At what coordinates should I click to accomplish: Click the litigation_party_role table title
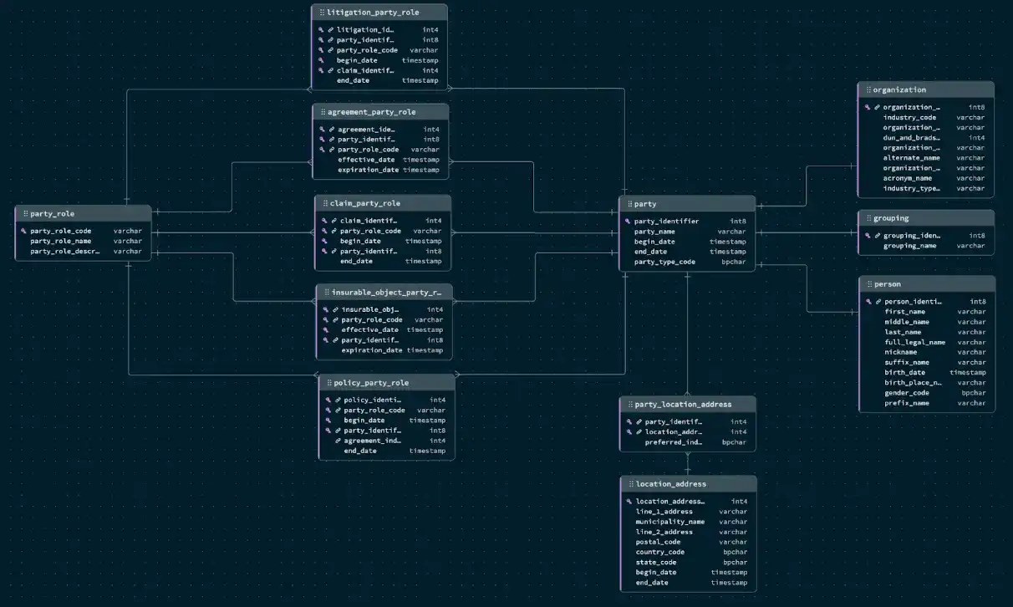coord(374,13)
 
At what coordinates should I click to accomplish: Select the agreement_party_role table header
coord(372,112)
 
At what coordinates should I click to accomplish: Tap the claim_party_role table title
coord(370,203)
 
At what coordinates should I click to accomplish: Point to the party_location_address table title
coord(683,405)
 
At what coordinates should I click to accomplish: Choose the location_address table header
coord(671,484)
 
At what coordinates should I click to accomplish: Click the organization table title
coord(899,90)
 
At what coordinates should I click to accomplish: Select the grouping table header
coord(891,218)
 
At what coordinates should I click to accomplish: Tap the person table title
coord(888,284)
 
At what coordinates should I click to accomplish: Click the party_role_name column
coord(61,241)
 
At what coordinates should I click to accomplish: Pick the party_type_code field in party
coord(664,262)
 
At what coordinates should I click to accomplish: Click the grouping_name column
coord(910,246)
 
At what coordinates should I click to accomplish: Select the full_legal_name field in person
coord(915,342)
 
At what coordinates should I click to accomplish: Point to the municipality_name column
coord(669,522)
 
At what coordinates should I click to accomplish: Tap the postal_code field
coord(658,542)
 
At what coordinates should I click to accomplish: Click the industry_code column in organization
coord(909,118)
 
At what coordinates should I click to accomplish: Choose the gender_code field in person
coord(907,393)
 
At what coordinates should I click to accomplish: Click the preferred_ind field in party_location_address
coord(673,442)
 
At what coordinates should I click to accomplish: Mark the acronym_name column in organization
coord(908,178)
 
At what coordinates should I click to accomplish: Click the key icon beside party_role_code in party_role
coord(23,231)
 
